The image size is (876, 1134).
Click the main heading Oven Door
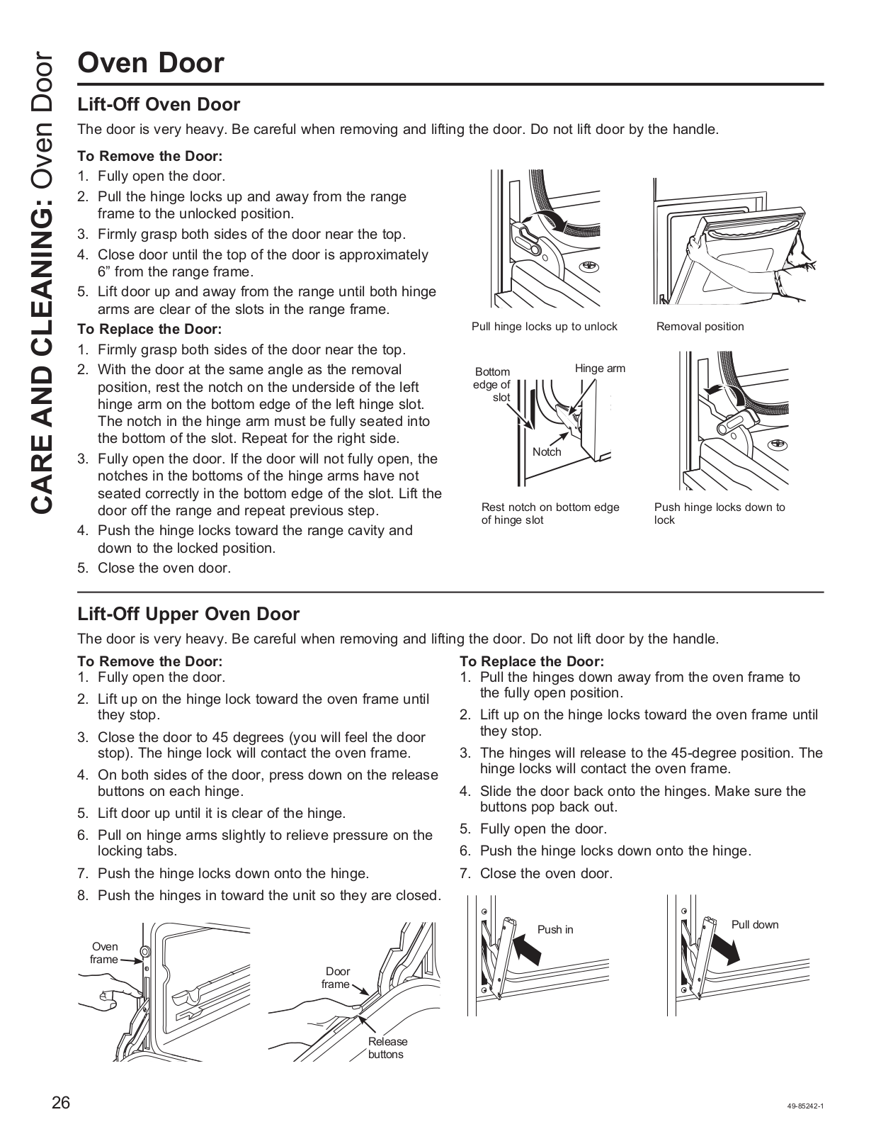151,63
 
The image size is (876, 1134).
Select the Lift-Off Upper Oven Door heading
188,614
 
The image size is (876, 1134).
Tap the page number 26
61,1103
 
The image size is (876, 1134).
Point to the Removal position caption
700,327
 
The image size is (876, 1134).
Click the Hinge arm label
600,369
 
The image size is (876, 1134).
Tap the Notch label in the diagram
547,452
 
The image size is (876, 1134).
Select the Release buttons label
387,1048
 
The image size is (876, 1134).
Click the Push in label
555,929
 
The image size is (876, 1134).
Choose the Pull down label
754,924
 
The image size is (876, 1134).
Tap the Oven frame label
105,953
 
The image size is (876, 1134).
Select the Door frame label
336,977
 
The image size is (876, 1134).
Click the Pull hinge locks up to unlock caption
544,327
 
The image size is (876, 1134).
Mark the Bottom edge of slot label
492,385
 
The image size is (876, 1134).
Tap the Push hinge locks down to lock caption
719,513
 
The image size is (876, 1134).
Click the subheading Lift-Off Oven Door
159,105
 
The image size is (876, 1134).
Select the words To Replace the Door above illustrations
531,661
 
